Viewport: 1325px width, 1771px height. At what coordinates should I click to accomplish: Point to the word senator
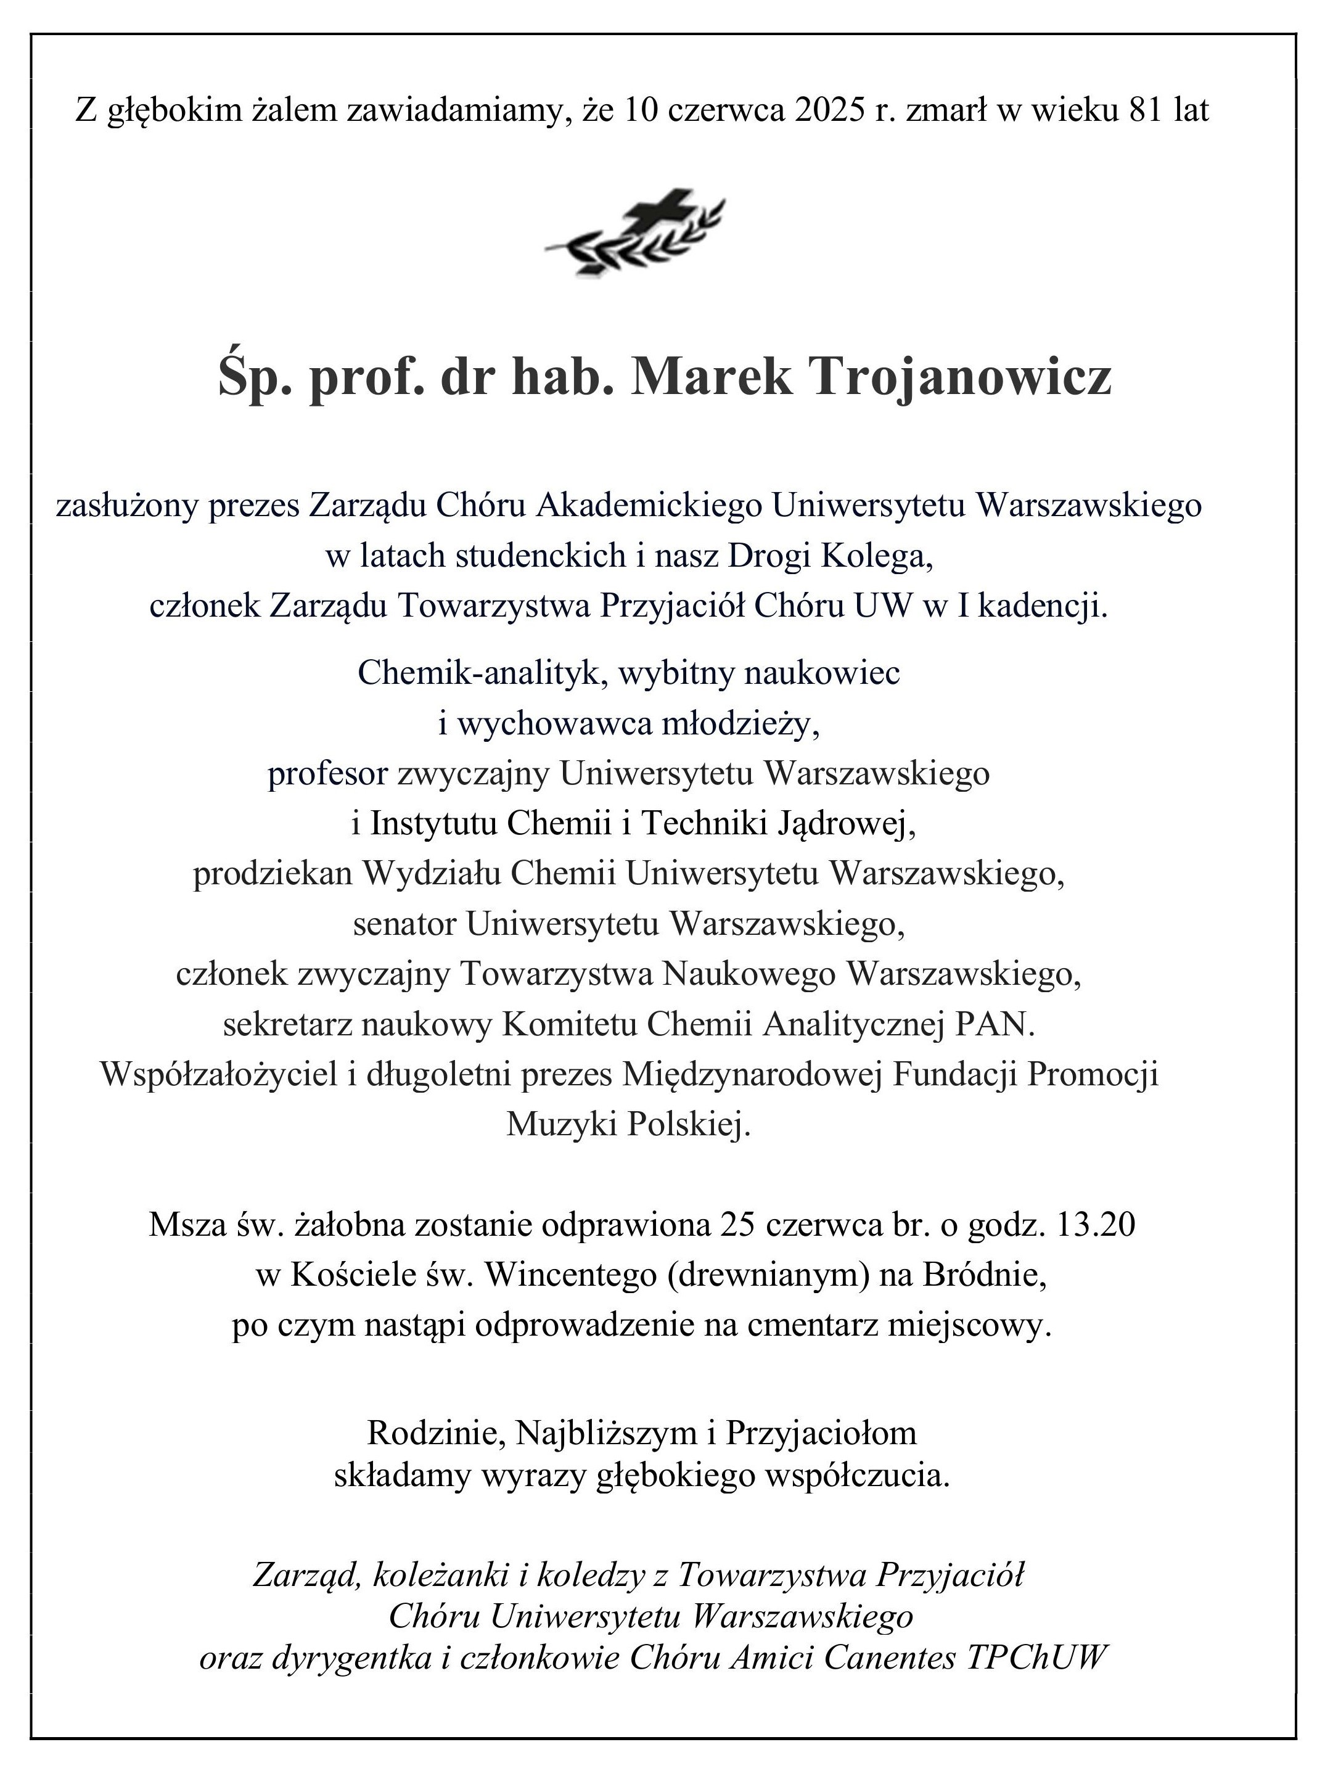(x=404, y=925)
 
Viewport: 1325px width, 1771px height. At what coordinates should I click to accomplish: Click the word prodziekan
(x=272, y=874)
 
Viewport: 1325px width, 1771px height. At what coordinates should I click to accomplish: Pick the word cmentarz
(x=810, y=1326)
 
